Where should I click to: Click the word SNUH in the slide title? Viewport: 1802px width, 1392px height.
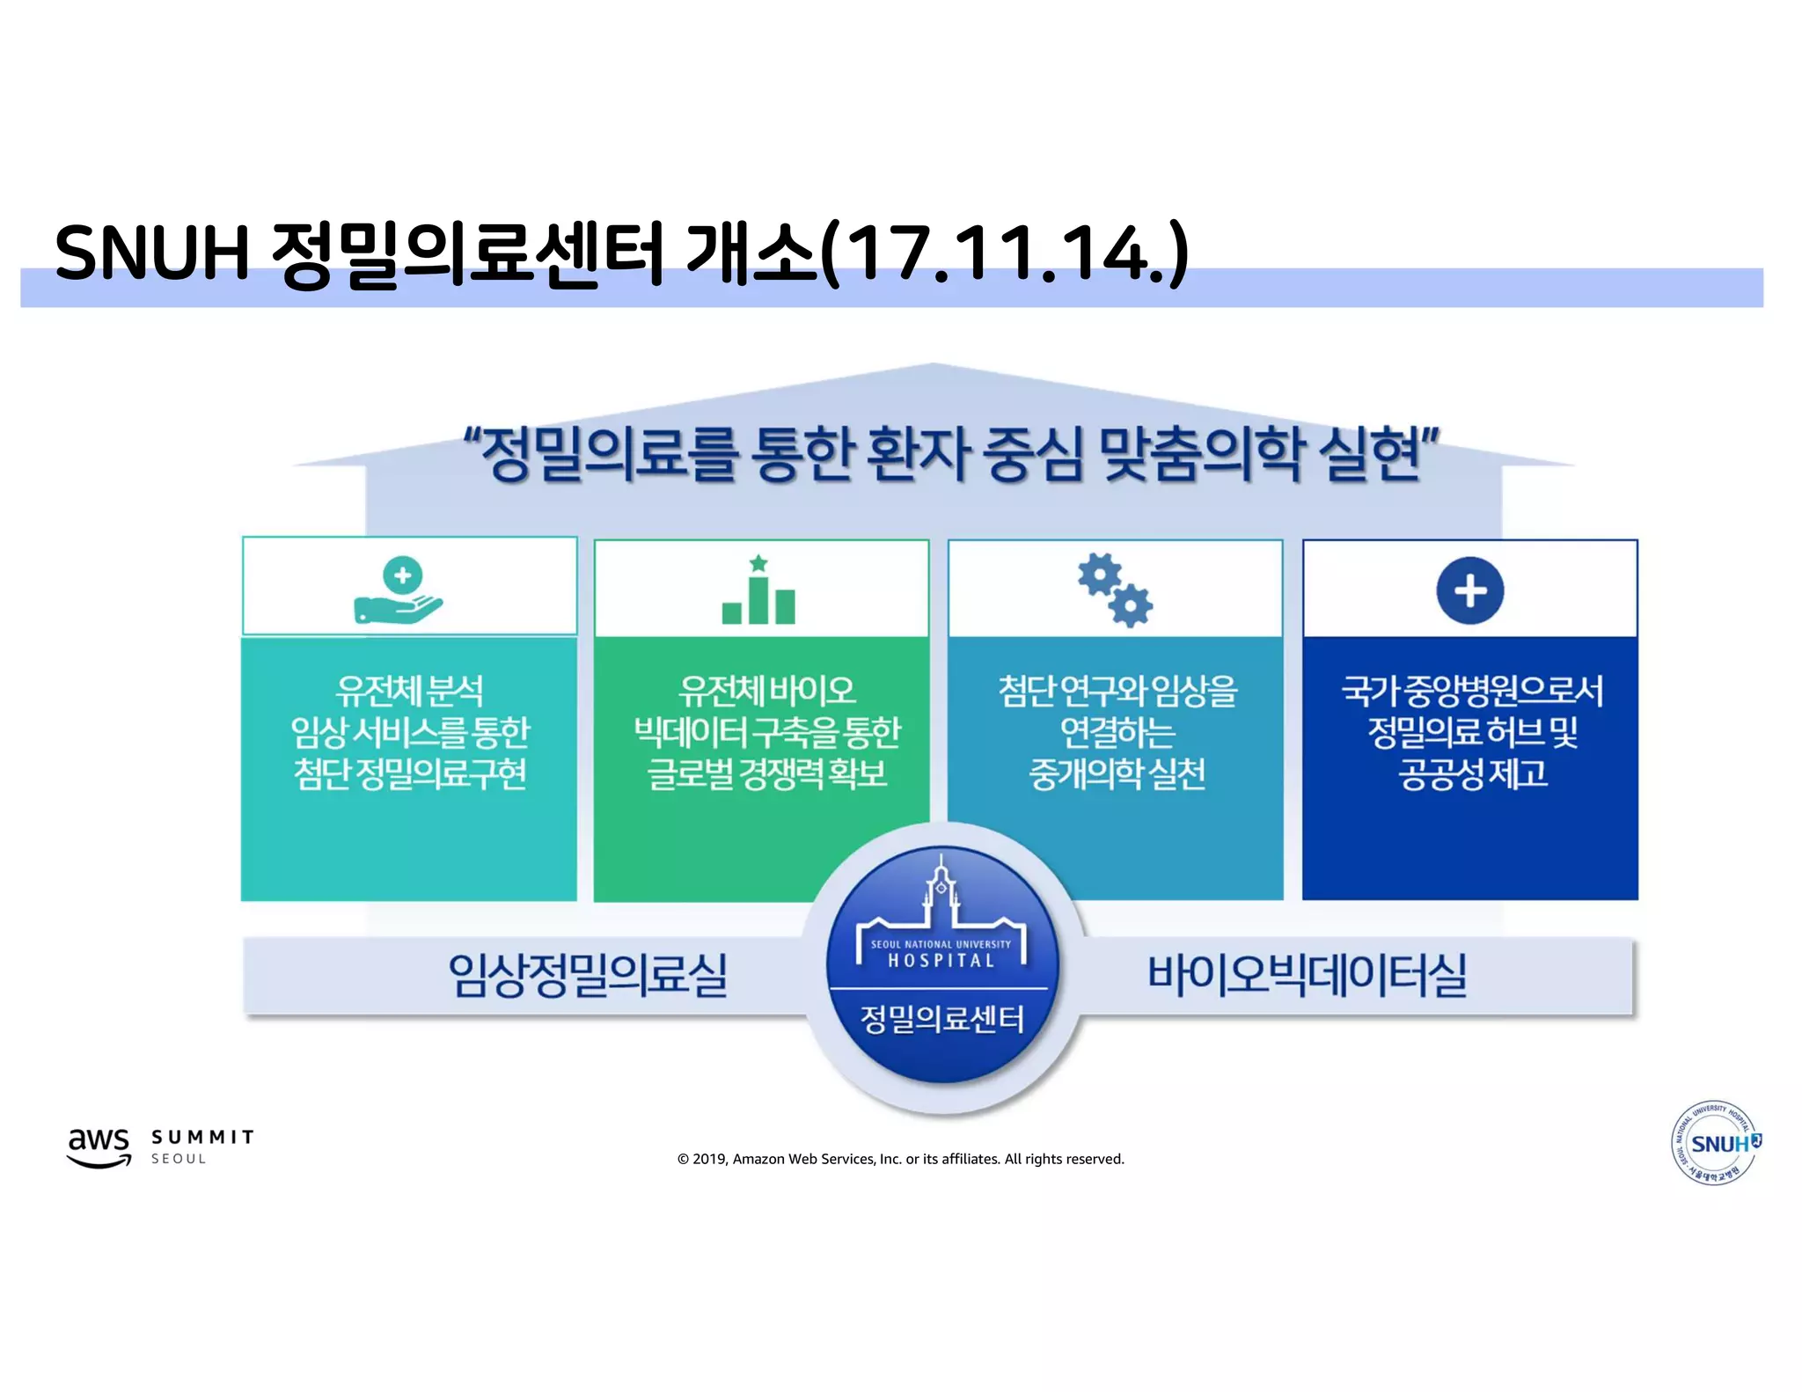click(x=152, y=253)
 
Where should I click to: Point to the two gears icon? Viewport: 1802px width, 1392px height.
click(x=1115, y=590)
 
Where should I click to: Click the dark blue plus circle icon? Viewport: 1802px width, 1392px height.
click(x=1469, y=590)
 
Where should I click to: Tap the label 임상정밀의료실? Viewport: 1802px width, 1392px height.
click(x=588, y=975)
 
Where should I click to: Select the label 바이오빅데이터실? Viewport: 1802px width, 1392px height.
click(x=1307, y=975)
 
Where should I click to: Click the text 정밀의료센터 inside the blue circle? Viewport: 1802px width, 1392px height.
click(x=941, y=1019)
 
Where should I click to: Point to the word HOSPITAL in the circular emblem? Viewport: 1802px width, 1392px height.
click(x=941, y=961)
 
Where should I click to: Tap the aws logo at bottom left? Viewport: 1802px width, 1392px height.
click(x=99, y=1146)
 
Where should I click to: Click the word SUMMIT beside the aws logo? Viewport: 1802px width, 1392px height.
click(x=203, y=1137)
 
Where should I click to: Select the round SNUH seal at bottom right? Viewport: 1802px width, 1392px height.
click(x=1716, y=1143)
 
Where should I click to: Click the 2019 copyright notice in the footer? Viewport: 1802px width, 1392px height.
click(x=900, y=1159)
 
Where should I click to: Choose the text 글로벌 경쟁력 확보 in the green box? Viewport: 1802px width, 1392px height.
click(x=767, y=773)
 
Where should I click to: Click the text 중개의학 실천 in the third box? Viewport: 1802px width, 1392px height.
click(x=1117, y=773)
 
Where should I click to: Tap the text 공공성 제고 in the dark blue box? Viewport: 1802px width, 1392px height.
click(x=1472, y=773)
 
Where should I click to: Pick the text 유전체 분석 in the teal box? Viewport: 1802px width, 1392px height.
click(x=409, y=690)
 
